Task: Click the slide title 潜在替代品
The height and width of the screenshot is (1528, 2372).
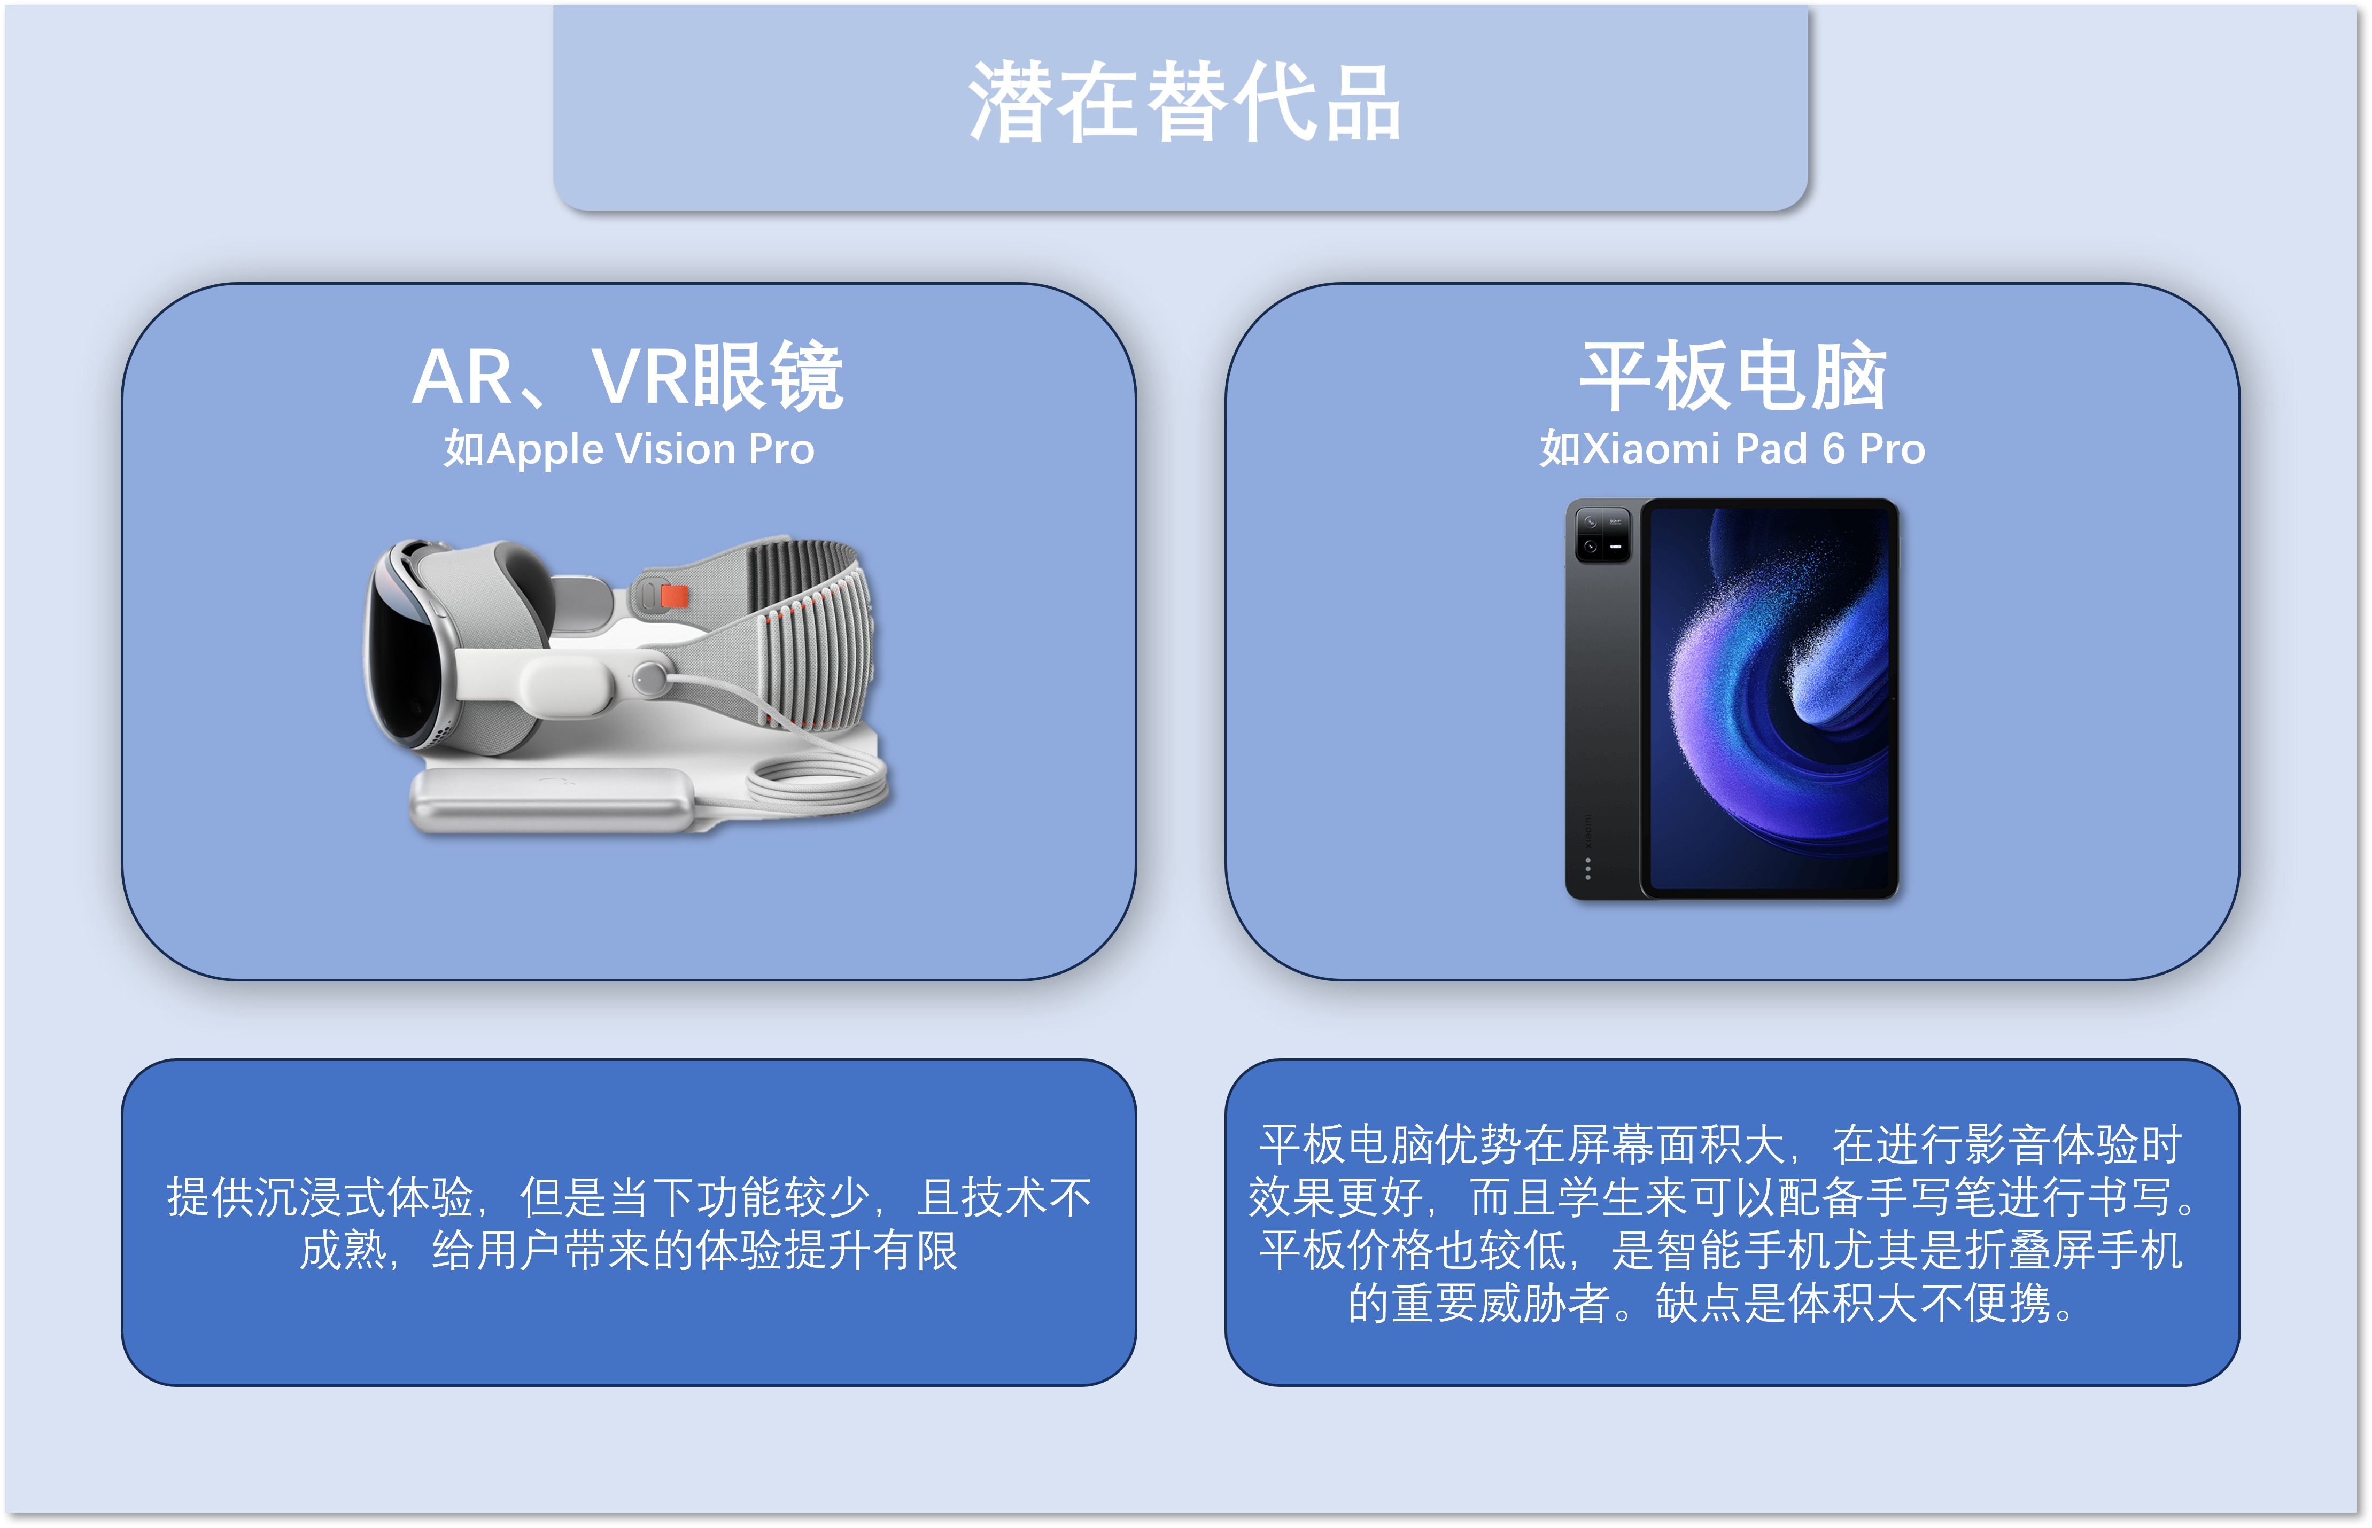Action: point(1184,102)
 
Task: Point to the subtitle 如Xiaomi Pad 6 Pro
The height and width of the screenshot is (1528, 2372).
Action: point(1733,448)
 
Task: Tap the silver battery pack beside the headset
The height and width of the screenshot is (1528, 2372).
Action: point(552,800)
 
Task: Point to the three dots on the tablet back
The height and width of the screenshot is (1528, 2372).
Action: point(1588,868)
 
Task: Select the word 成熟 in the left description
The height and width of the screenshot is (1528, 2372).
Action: point(343,1250)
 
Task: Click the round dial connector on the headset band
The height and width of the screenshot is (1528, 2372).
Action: point(650,677)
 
